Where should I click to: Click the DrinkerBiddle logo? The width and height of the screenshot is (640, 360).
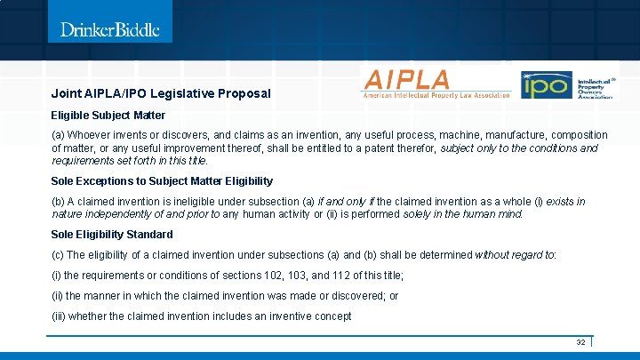click(109, 29)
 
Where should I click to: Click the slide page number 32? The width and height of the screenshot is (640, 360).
click(580, 342)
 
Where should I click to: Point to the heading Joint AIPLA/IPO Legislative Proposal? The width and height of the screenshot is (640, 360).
click(161, 93)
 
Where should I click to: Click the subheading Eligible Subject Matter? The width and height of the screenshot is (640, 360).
click(108, 115)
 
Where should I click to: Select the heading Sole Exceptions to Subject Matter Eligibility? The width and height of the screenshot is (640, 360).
click(162, 181)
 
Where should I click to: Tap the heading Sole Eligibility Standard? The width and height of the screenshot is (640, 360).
click(112, 235)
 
